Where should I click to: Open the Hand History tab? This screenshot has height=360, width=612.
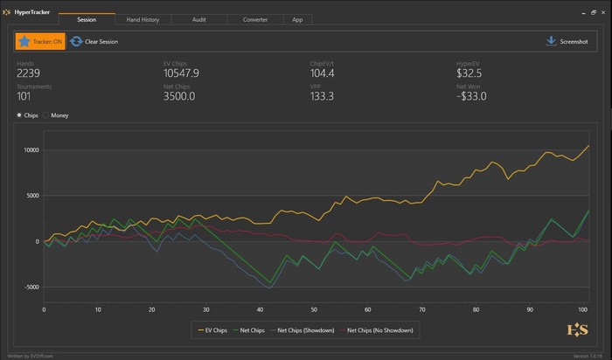[x=143, y=18]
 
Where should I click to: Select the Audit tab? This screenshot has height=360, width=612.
[x=198, y=18]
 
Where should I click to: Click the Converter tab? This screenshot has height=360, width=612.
[x=254, y=18]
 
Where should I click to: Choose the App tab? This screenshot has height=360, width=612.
[x=297, y=18]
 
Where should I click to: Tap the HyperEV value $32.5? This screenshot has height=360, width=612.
[x=469, y=73]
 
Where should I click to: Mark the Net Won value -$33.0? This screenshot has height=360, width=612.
[x=472, y=96]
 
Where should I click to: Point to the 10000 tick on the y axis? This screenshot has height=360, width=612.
[x=31, y=149]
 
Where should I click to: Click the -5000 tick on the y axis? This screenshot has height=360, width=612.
[x=31, y=287]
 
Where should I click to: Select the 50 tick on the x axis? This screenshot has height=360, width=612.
[x=314, y=308]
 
